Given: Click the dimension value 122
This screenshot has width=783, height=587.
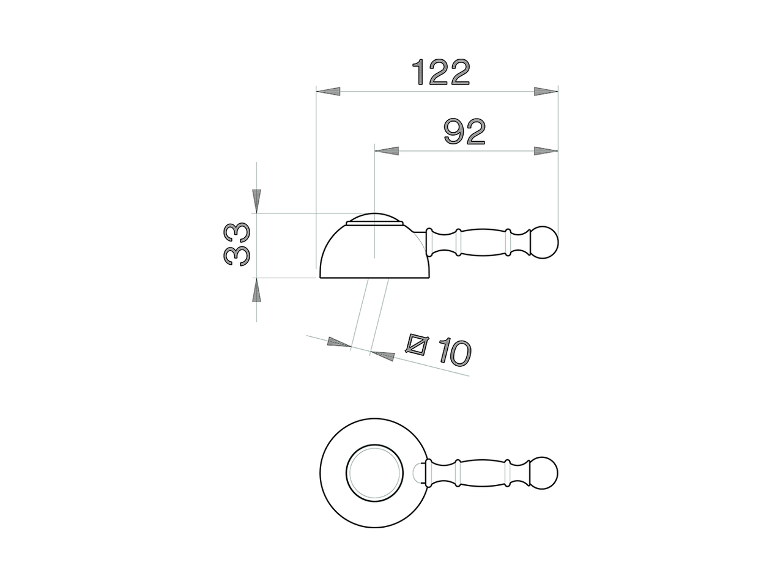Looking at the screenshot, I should pos(441,72).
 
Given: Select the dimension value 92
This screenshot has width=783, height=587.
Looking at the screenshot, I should pos(465,132).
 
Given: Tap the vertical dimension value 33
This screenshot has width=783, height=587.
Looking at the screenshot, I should pos(237,243).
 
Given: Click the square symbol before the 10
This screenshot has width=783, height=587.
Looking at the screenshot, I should pos(418,345).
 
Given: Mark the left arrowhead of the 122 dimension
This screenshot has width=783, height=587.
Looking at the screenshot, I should pos(328,92).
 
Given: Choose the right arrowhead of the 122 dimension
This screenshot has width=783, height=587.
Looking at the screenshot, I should pos(546,92).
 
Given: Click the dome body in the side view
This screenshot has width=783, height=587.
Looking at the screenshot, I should pos(373,254).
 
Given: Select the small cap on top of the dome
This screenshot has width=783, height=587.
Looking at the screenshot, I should pos(374,220).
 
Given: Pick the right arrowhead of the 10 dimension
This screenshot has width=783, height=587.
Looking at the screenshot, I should pos(382,355).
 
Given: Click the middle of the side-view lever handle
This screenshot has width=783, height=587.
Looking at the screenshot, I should pos(482,242).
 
